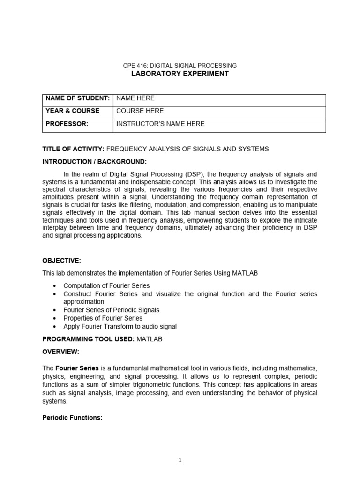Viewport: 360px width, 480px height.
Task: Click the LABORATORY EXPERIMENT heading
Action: pyautogui.click(x=180, y=74)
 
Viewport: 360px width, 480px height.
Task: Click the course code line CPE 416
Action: pyautogui.click(x=180, y=66)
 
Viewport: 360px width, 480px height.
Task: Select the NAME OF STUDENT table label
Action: pyautogui.click(x=77, y=98)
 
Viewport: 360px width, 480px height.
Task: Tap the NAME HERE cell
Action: pyautogui.click(x=135, y=98)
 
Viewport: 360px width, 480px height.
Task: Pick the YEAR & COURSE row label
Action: pyautogui.click(x=72, y=111)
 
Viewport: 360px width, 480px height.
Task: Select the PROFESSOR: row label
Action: pyautogui.click(x=67, y=124)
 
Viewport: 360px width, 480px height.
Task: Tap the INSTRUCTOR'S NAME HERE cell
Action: pyautogui.click(x=160, y=124)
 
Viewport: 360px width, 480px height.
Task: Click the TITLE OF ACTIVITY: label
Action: pyautogui.click(x=73, y=149)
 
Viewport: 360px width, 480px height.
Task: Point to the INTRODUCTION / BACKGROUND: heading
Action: pyautogui.click(x=94, y=162)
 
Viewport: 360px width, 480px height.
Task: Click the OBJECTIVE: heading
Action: pyautogui.click(x=61, y=260)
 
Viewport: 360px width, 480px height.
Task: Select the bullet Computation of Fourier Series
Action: pyautogui.click(x=107, y=285)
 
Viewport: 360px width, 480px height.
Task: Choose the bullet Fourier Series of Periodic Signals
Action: pyautogui.click(x=112, y=310)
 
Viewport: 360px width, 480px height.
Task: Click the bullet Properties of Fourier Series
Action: pyautogui.click(x=103, y=318)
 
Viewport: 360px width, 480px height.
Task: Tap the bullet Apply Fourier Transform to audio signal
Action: pyautogui.click(x=120, y=326)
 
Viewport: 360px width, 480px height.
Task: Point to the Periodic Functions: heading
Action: pyautogui.click(x=72, y=418)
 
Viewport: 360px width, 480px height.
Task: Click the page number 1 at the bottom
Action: pyautogui.click(x=180, y=460)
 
